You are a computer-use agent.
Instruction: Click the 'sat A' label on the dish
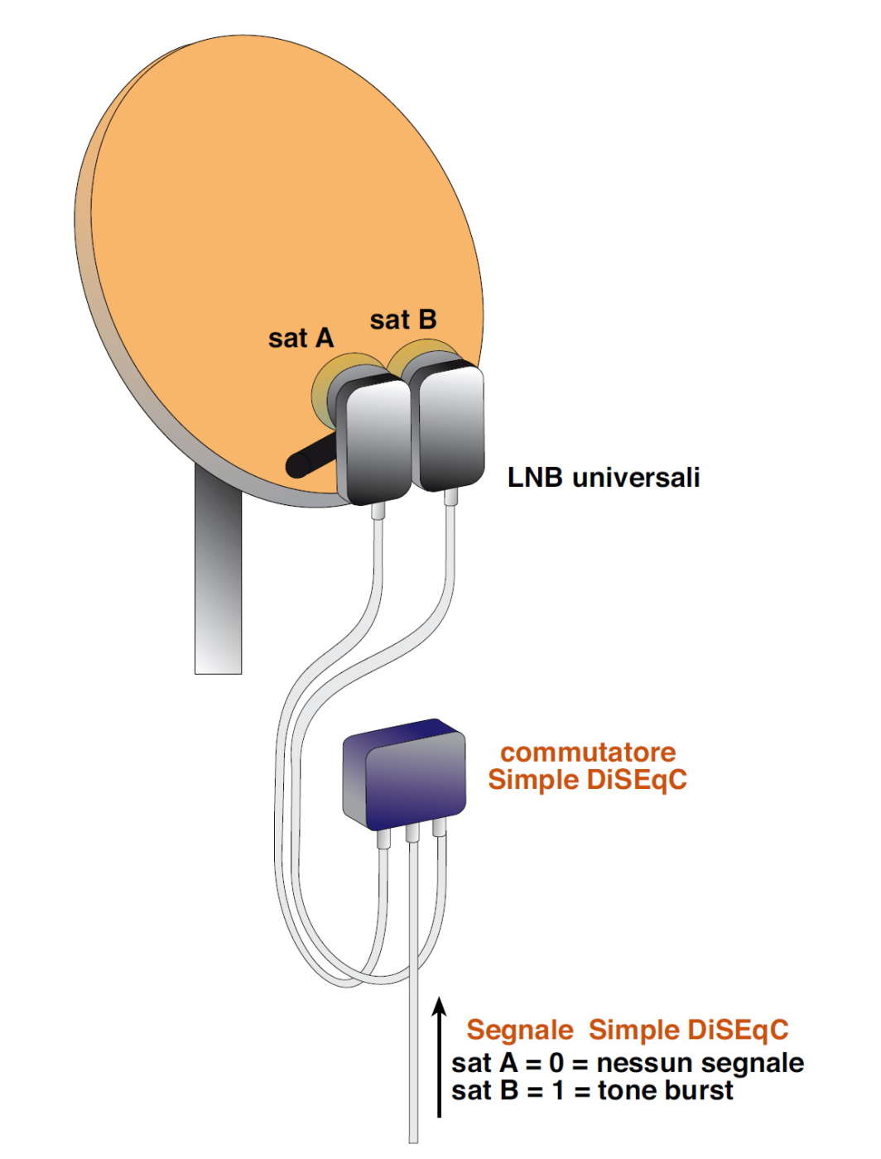[301, 338]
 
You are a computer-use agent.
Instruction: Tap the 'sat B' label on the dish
[402, 320]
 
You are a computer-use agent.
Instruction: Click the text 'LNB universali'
[604, 478]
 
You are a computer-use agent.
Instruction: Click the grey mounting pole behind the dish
[218, 579]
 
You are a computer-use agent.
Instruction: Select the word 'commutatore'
[588, 753]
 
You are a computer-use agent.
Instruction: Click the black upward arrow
[440, 1060]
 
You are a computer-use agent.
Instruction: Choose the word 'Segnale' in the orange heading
[519, 1030]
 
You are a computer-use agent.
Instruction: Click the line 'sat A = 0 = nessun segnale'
[628, 1063]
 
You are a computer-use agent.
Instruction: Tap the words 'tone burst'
[665, 1091]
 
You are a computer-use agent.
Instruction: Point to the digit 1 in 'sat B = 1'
[557, 1091]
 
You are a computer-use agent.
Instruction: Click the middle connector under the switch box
[412, 835]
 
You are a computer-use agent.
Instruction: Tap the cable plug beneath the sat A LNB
[378, 512]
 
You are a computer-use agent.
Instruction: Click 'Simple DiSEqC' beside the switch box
[587, 780]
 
